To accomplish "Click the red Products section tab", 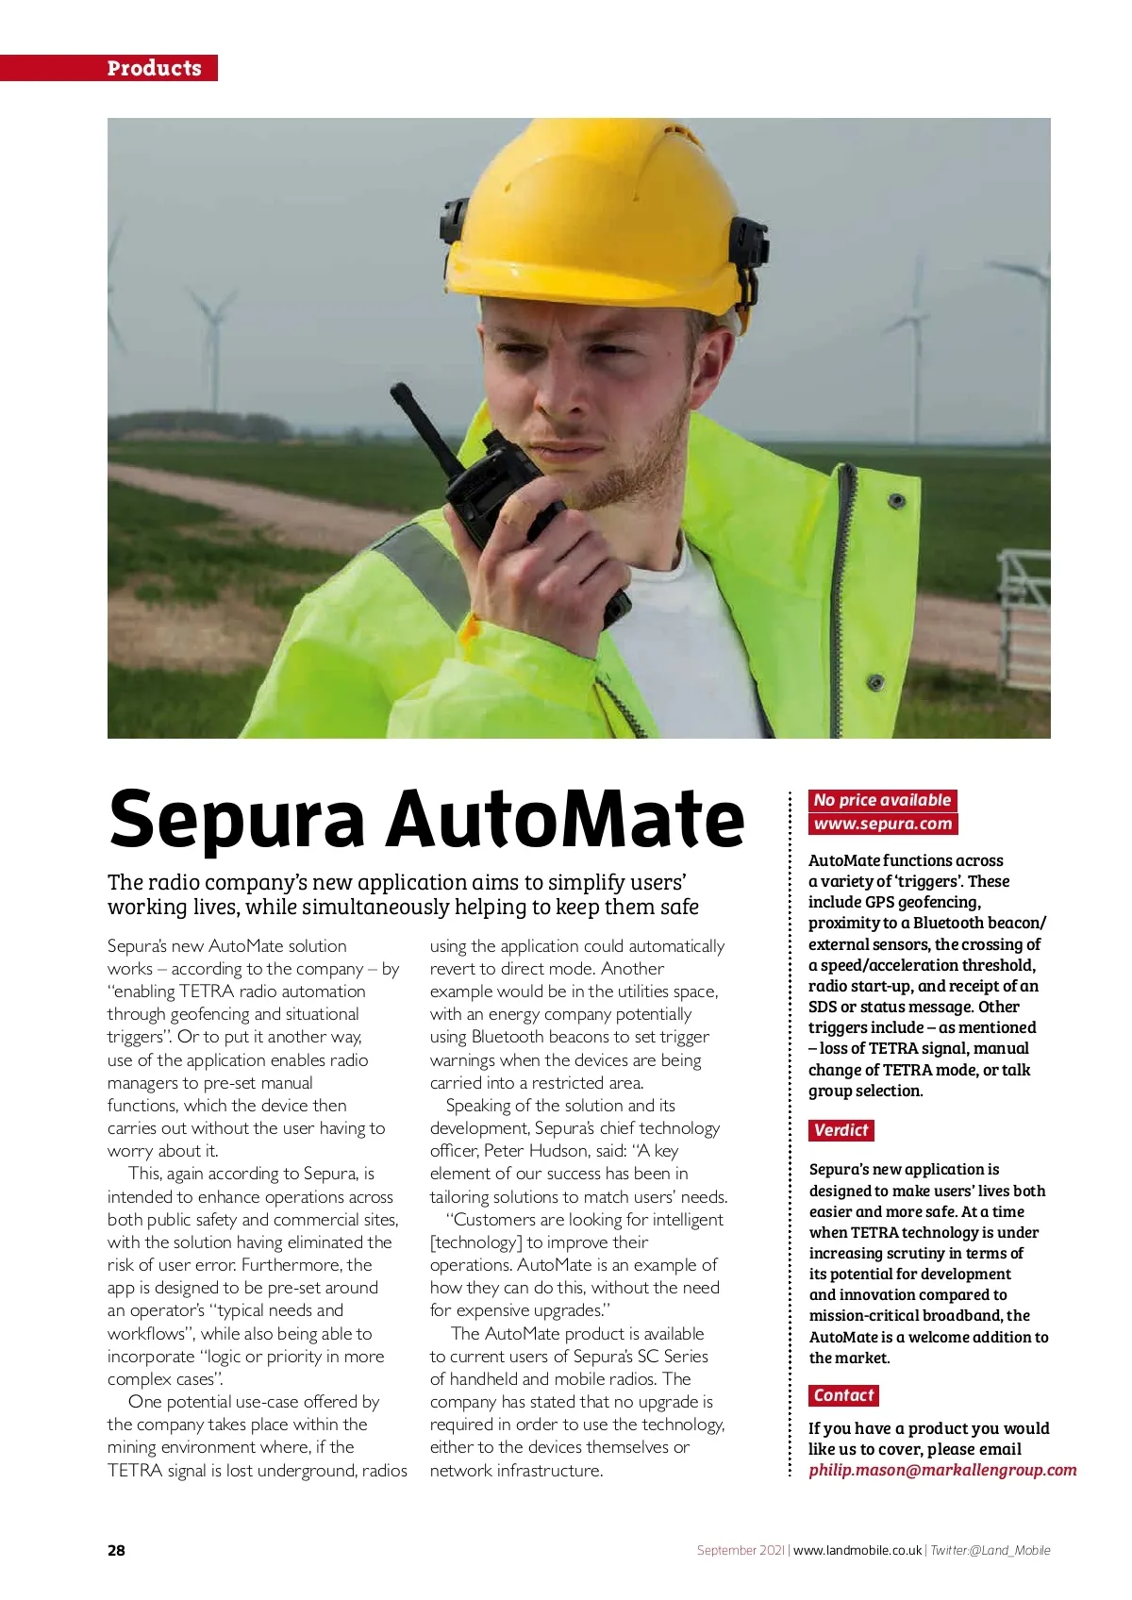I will click(154, 68).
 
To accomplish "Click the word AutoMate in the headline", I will click(565, 819).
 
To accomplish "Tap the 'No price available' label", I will click(882, 800).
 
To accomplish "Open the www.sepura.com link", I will click(882, 824).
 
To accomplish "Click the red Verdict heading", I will click(841, 1130).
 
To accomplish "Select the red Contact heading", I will click(843, 1395).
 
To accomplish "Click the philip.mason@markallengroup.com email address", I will click(941, 1470).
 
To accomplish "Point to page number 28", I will click(116, 1550).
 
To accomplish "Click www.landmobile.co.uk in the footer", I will click(857, 1550).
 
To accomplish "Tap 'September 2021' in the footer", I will click(741, 1550).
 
